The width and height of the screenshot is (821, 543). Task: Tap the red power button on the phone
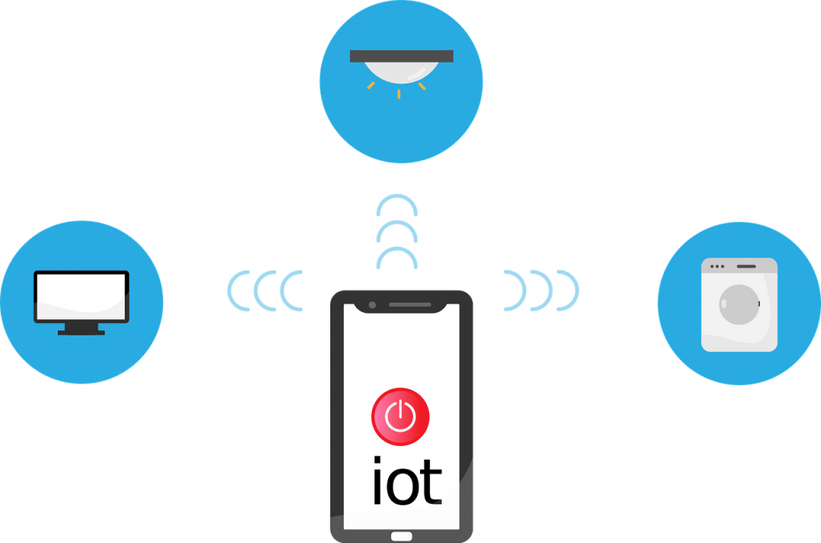coord(401,417)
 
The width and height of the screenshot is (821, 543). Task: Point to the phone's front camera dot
coord(372,305)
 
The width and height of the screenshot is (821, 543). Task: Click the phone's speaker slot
coord(410,304)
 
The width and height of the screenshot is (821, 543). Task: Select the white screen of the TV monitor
coord(81,297)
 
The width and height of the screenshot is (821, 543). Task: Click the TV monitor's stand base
coord(81,332)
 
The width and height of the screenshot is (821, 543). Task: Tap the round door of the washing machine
coord(739,304)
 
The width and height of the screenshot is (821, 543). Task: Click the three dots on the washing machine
coord(718,266)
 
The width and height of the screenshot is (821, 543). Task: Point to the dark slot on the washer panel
coord(746,266)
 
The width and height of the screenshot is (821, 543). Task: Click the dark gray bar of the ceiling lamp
coord(402,56)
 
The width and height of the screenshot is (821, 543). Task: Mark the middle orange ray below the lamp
coord(399,94)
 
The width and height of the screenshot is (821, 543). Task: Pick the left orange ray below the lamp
coord(370,85)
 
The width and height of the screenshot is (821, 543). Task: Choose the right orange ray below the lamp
coord(422,86)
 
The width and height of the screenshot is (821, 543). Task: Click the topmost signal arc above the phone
coord(397,196)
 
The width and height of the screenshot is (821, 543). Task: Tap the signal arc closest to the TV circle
coord(229,290)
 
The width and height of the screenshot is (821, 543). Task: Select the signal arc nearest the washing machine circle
coord(577,290)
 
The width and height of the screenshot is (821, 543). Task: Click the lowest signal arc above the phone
coord(397,248)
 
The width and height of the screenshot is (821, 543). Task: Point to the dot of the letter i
coord(377,460)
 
